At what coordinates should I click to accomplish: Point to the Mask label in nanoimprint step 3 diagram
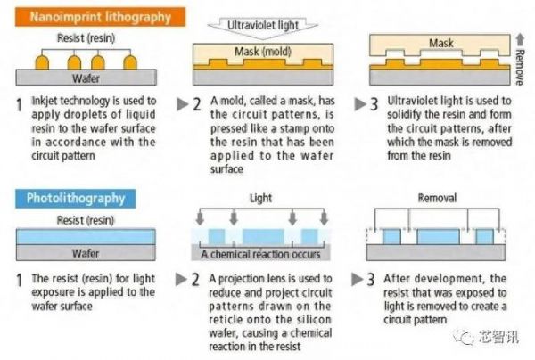coord(441,42)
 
